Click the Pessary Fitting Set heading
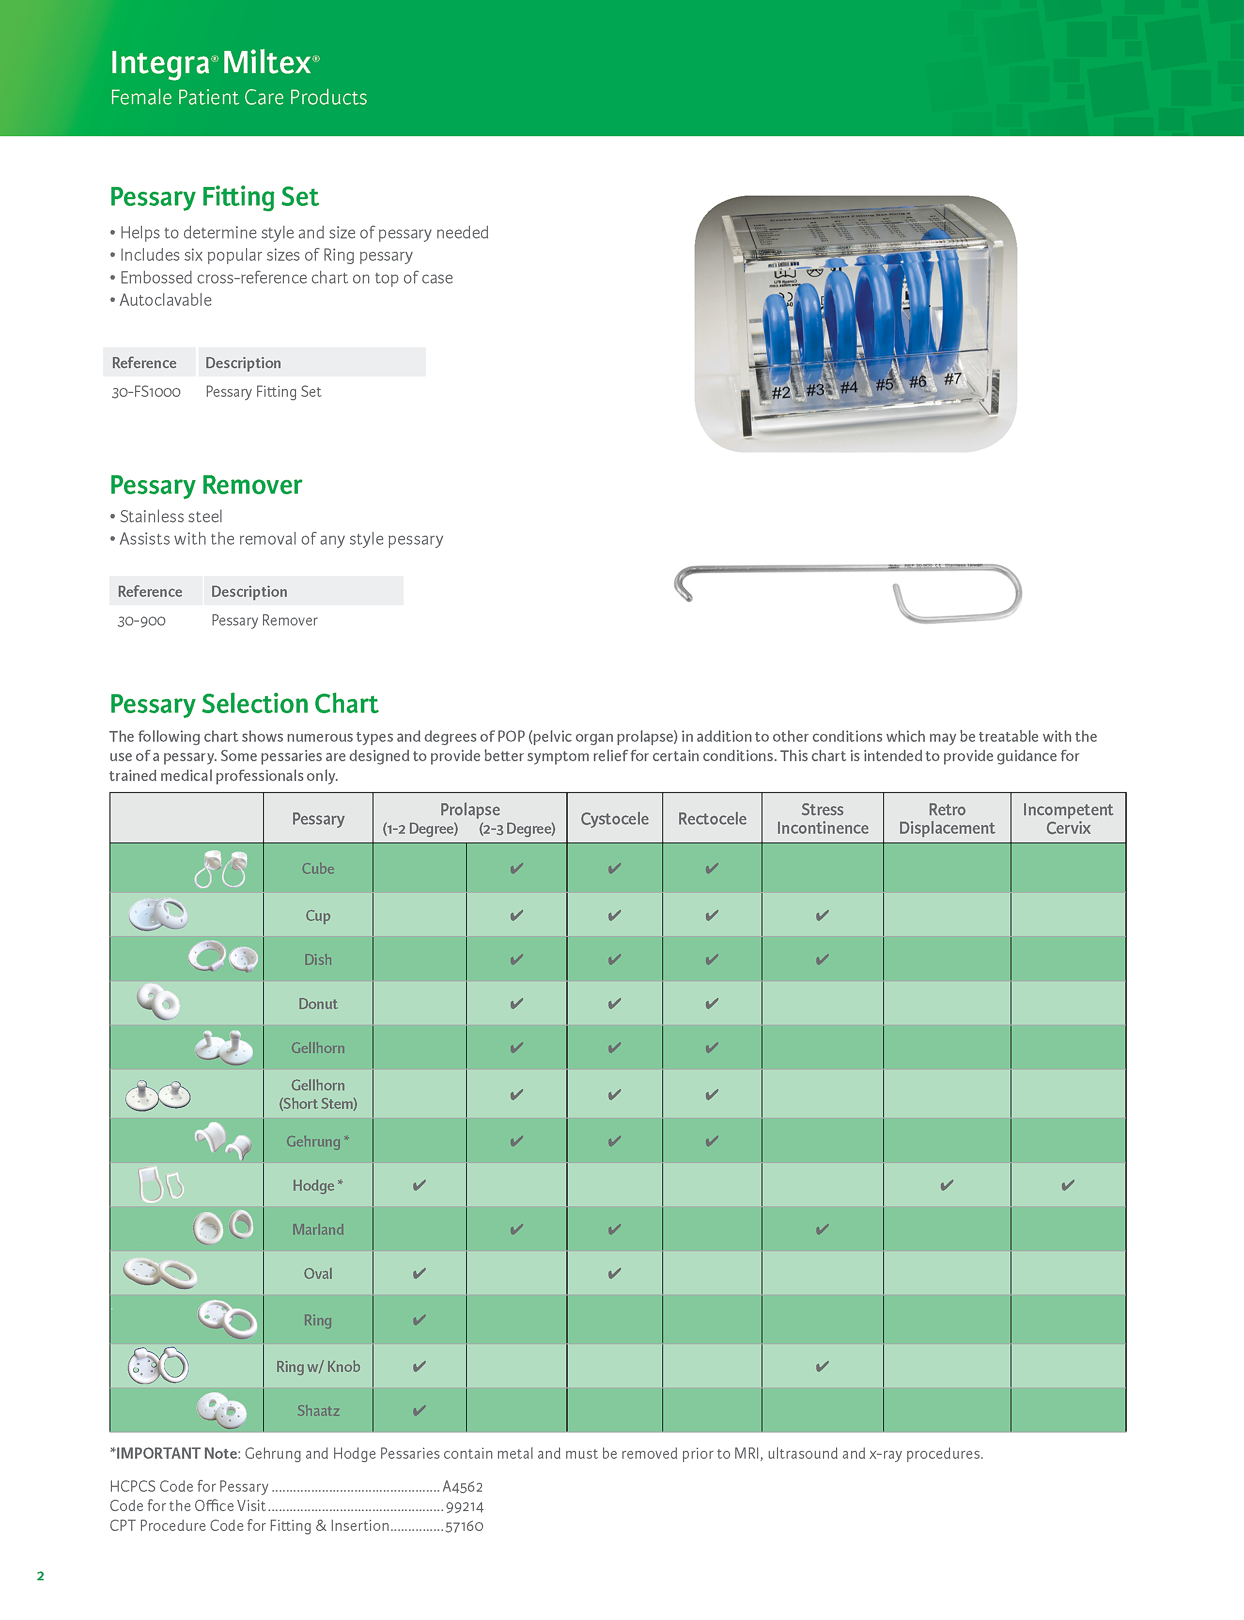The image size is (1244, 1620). (214, 197)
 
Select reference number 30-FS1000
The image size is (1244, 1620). (146, 391)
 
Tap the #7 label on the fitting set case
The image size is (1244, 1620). (952, 379)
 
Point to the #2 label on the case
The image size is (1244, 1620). (780, 392)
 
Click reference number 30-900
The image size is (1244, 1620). (141, 621)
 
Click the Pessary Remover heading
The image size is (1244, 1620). (206, 485)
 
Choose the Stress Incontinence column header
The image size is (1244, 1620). (822, 818)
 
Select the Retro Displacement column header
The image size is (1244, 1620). (947, 818)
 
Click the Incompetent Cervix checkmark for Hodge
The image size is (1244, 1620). (1068, 1184)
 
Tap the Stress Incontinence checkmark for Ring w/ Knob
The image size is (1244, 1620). (822, 1366)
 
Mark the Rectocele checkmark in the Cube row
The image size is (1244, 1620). (712, 868)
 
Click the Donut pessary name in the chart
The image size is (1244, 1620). (318, 1003)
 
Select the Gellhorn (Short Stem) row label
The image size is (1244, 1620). (318, 1093)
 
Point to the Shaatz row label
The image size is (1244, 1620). (318, 1410)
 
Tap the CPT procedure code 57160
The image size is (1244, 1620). (464, 1526)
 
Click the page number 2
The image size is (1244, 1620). (41, 1575)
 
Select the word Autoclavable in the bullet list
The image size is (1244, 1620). (165, 300)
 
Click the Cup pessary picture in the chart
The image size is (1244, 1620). (158, 914)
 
